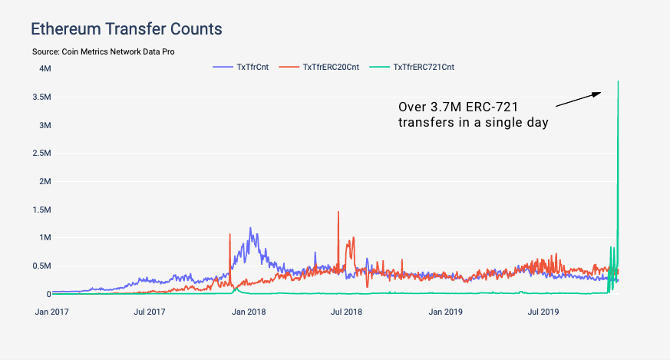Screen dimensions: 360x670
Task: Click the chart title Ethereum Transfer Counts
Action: (x=126, y=29)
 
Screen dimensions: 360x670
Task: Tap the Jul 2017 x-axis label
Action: (x=150, y=312)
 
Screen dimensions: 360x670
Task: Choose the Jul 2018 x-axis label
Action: (x=346, y=312)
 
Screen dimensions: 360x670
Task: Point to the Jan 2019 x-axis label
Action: (x=445, y=312)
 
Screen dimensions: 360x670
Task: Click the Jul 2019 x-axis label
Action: (x=544, y=312)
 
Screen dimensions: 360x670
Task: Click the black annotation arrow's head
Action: (x=599, y=93)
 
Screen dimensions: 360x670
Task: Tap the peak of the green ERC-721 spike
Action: (x=618, y=81)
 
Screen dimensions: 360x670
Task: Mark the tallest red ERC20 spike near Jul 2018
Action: (x=338, y=213)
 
